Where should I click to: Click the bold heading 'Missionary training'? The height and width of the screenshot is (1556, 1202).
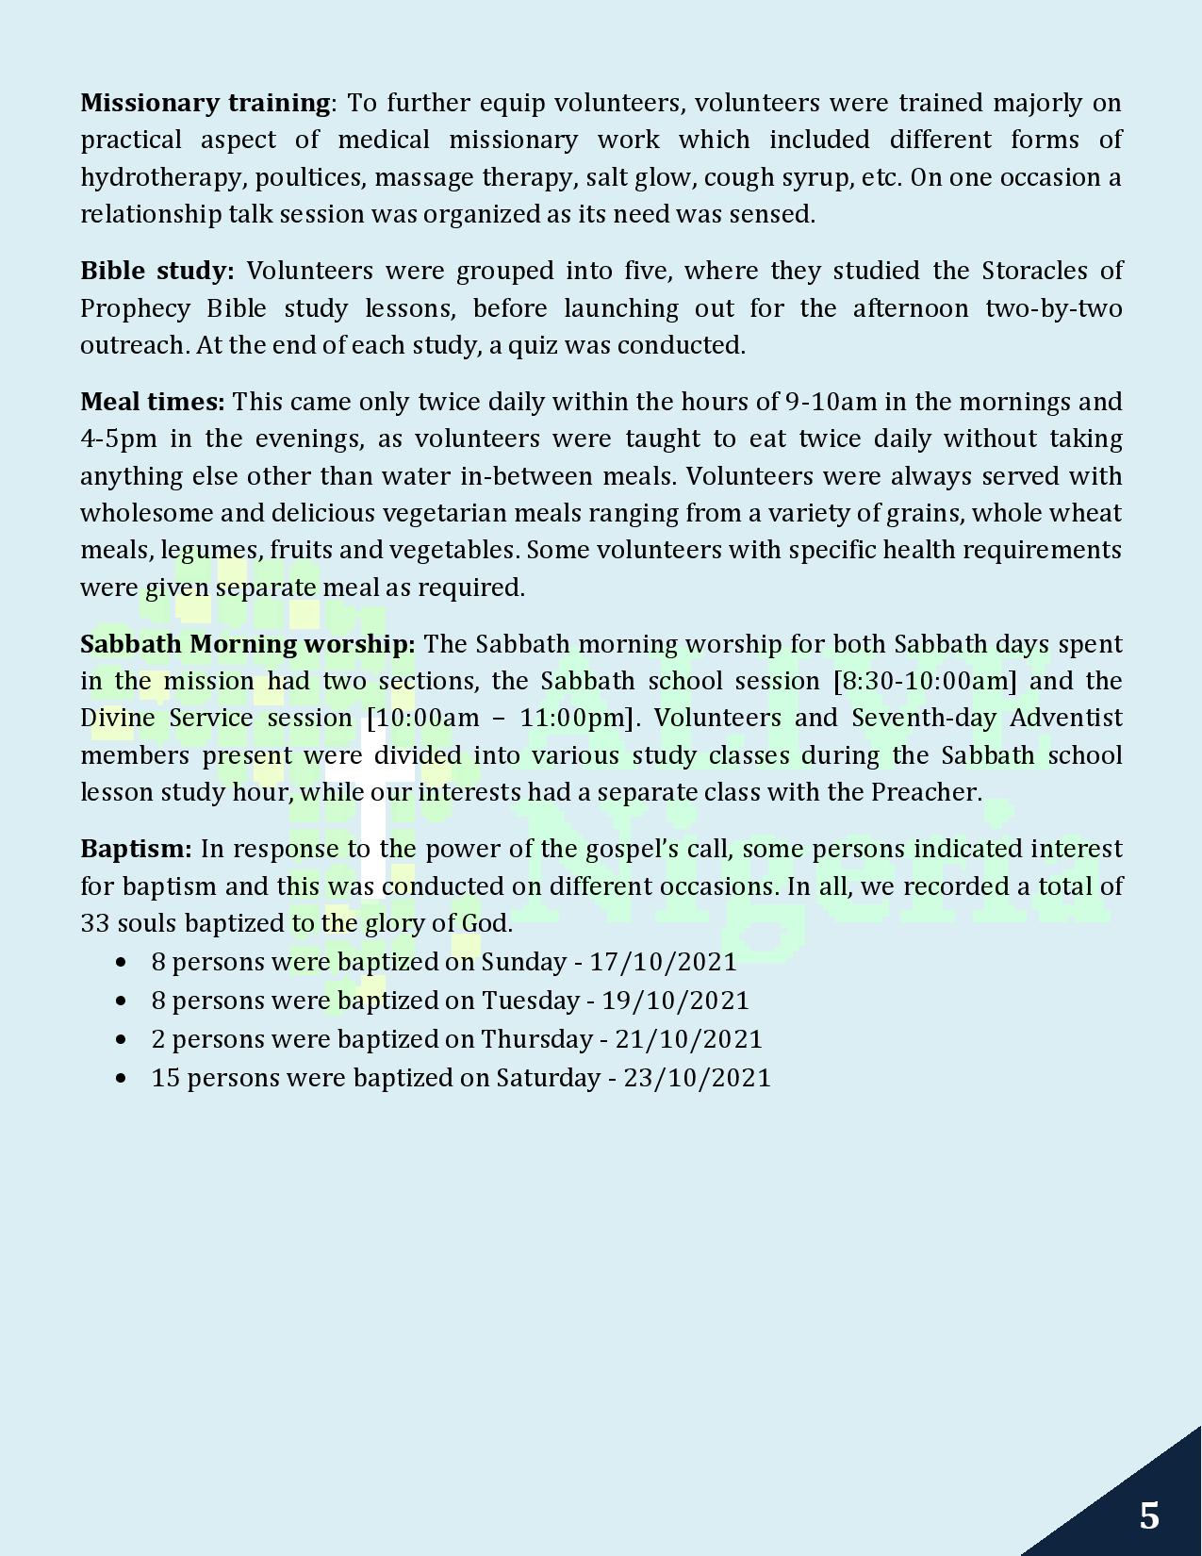pos(205,102)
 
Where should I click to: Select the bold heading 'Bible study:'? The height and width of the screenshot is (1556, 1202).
pos(156,271)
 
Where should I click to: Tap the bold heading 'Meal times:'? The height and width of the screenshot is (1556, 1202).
pos(152,402)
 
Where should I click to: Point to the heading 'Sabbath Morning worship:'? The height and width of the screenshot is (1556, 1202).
pos(247,644)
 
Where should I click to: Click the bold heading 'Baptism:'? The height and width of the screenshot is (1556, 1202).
pos(136,849)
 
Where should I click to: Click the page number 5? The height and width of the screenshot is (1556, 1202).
pos(1148,1515)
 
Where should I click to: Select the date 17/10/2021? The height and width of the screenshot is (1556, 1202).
pos(663,962)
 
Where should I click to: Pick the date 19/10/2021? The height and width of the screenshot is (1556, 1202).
pos(675,1001)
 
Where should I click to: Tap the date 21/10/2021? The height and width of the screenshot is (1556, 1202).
pos(688,1039)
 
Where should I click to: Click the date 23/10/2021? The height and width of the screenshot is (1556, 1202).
pos(697,1078)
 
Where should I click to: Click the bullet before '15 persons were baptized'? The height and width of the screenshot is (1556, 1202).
pos(120,1078)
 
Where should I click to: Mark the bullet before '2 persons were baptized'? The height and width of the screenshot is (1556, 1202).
pos(120,1039)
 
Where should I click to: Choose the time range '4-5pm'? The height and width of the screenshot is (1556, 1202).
pos(119,439)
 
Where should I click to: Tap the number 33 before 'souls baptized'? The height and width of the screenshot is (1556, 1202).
pos(95,923)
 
